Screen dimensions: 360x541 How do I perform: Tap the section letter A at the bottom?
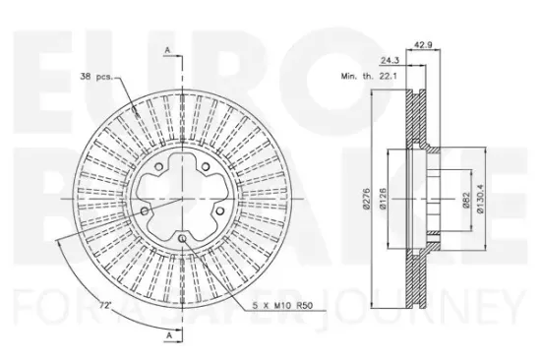168,336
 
